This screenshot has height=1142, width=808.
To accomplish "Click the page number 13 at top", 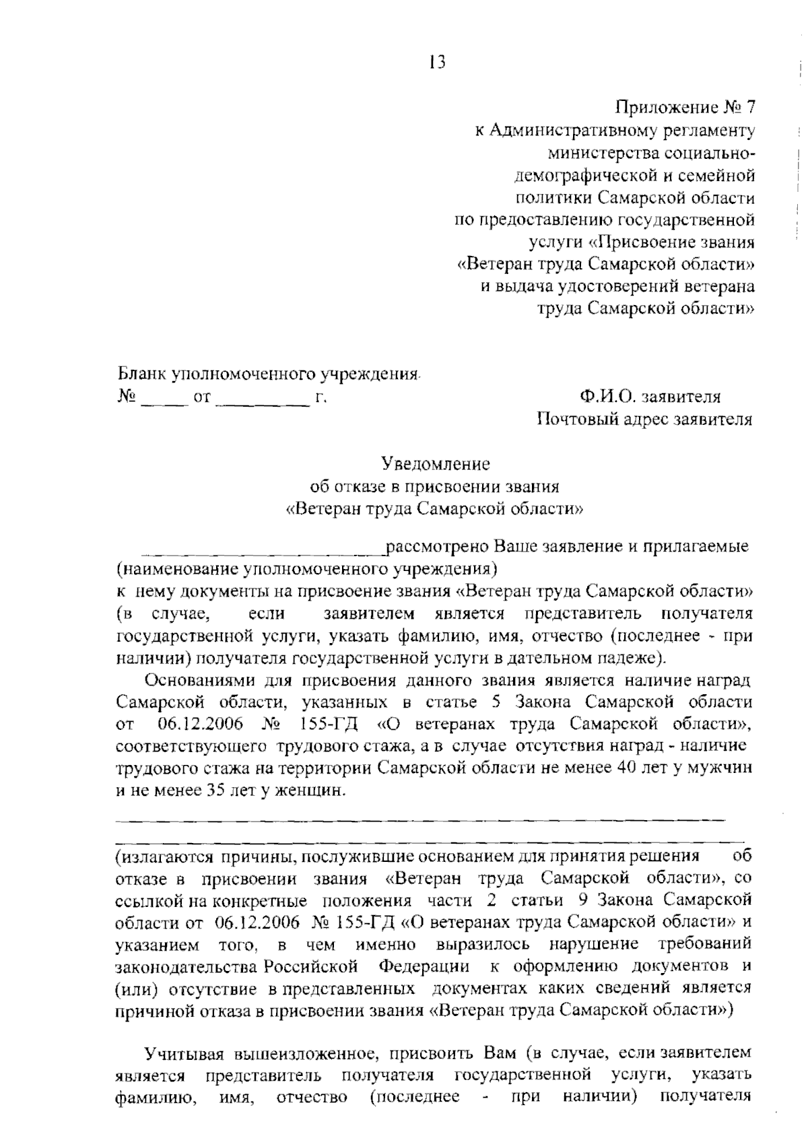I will point(436,63).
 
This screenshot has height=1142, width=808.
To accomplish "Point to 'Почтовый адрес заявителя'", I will point(644,419).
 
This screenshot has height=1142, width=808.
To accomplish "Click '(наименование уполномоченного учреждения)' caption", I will point(306,569).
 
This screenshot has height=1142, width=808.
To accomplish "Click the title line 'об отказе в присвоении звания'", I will point(434,485).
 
